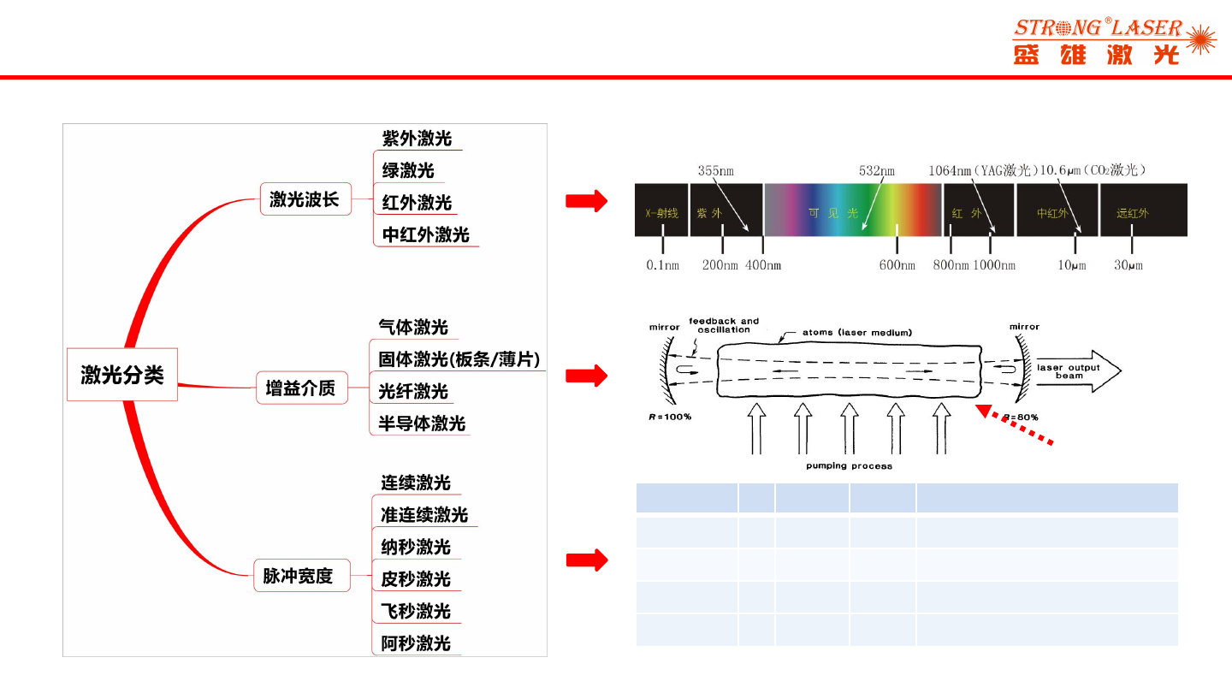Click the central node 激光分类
(x=122, y=374)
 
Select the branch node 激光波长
(x=305, y=200)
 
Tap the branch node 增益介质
(x=300, y=388)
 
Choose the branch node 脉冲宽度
(x=298, y=576)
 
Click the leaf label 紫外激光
(x=417, y=139)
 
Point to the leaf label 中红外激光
(x=426, y=234)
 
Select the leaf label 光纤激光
(x=413, y=392)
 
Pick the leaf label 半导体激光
(x=422, y=423)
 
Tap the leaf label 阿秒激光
(x=416, y=643)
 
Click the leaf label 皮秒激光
(x=416, y=579)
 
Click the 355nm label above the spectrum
(x=715, y=170)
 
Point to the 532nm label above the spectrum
(x=877, y=170)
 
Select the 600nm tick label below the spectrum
(x=897, y=265)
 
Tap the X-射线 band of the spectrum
(x=661, y=212)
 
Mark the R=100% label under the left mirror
(x=670, y=417)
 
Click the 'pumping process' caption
(x=849, y=466)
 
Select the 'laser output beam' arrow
(x=1076, y=370)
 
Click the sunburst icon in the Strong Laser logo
(x=1202, y=39)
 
